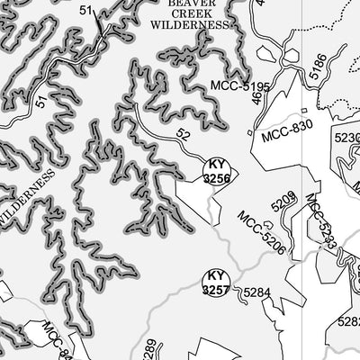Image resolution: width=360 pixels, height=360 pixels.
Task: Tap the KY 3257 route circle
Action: [x=215, y=283]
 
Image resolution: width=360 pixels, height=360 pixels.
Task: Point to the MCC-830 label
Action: [x=287, y=132]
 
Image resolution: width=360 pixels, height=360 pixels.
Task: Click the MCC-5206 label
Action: [x=262, y=232]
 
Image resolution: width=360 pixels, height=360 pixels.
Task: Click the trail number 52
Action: [x=184, y=135]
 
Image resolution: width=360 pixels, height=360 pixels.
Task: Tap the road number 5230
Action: [x=347, y=138]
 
